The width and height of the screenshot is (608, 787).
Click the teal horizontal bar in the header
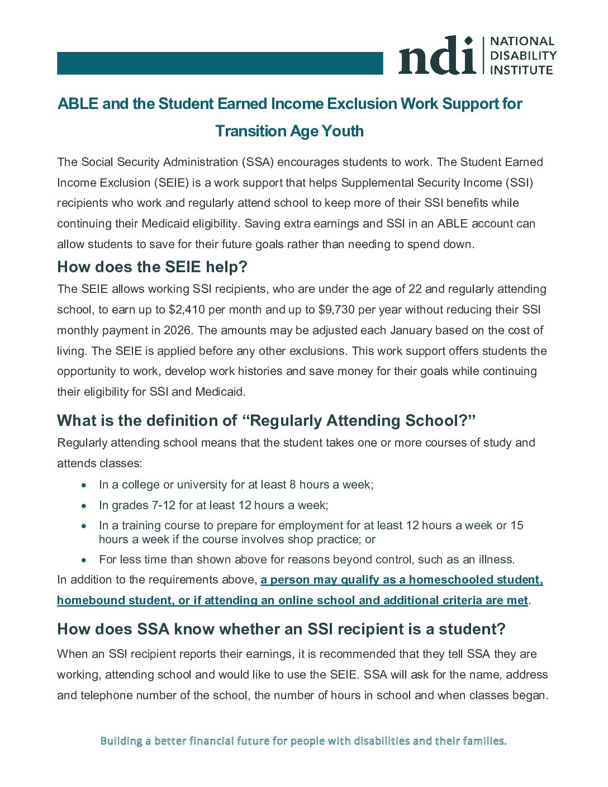(x=220, y=63)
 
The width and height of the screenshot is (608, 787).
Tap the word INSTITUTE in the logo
(x=521, y=70)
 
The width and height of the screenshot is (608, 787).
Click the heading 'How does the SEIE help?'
(x=152, y=267)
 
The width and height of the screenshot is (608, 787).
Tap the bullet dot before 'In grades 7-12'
(x=84, y=506)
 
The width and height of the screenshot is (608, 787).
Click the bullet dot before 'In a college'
(x=84, y=485)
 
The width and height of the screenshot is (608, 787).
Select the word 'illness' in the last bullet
(x=495, y=560)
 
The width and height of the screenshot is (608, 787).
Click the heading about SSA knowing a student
(x=281, y=629)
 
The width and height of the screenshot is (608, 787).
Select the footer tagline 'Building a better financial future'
(x=303, y=741)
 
